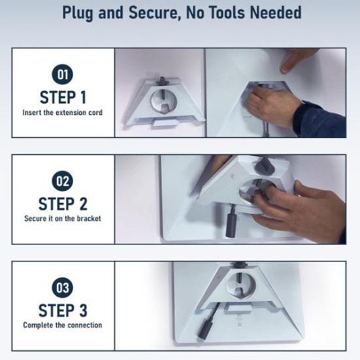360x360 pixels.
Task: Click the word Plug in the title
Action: tap(78, 13)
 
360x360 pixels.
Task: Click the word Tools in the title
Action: tap(227, 12)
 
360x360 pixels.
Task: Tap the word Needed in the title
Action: tap(276, 12)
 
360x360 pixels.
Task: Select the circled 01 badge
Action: tap(63, 74)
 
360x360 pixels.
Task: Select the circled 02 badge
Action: tap(63, 181)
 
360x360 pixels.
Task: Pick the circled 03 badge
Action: tap(63, 287)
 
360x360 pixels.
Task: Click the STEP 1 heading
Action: tap(63, 97)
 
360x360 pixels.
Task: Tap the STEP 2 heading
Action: tap(63, 204)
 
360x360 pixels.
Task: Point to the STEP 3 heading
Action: tap(63, 310)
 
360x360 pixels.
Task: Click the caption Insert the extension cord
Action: tap(63, 112)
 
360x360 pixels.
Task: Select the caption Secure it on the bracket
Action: tap(63, 218)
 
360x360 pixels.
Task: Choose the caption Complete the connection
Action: tap(63, 325)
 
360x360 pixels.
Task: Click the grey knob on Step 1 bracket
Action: tap(162, 82)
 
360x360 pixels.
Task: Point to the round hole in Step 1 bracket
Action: tap(163, 102)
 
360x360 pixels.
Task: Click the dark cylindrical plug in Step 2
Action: tap(231, 222)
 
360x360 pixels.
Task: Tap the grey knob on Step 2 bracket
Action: tap(263, 167)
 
